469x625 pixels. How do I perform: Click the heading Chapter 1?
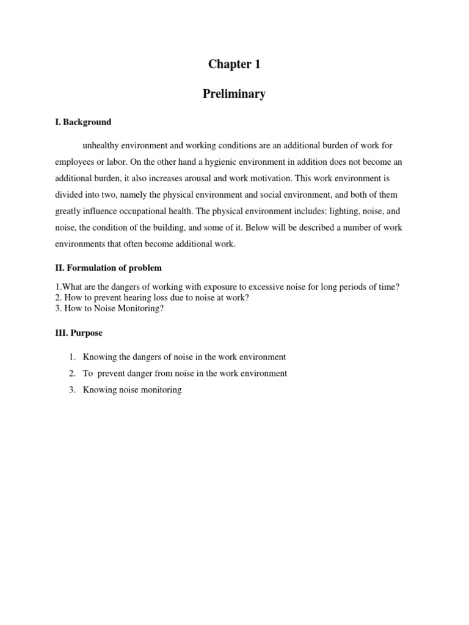coord(234,64)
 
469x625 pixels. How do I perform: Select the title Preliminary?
coord(234,94)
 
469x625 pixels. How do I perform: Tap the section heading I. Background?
coord(83,122)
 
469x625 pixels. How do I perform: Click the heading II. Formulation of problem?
coord(108,268)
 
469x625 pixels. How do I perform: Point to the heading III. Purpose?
coord(79,333)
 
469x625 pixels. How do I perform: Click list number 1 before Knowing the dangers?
coord(71,357)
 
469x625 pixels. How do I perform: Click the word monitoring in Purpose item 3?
coord(159,389)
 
